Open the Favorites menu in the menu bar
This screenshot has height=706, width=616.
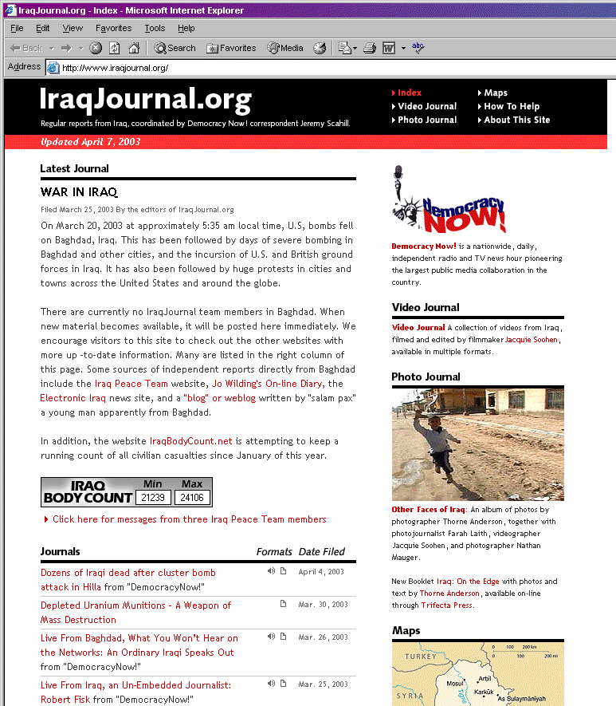(x=113, y=28)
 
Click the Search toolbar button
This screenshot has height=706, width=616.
(x=175, y=48)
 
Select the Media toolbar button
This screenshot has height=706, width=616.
(x=285, y=48)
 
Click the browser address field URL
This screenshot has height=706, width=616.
(x=115, y=68)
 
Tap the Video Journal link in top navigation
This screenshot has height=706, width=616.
(x=426, y=106)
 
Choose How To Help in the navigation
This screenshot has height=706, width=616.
(x=511, y=106)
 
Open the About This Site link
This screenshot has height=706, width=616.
(x=516, y=120)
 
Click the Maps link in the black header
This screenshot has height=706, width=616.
(x=495, y=93)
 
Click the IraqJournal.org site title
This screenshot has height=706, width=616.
(x=145, y=100)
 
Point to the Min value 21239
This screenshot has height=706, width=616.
(x=151, y=497)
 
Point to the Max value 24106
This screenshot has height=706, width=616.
(x=192, y=497)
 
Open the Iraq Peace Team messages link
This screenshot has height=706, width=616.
(x=189, y=519)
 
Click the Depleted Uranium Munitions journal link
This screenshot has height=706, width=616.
(x=135, y=605)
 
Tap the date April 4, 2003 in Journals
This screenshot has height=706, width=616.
(x=321, y=572)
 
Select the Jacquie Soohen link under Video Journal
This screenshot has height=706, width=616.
(x=532, y=340)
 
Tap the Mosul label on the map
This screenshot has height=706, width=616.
(x=433, y=684)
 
